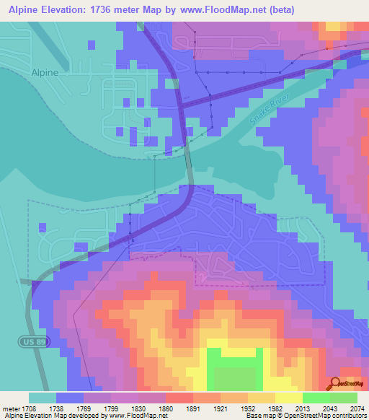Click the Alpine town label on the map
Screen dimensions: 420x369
tap(45, 72)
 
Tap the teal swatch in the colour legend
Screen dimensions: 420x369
tap(43, 398)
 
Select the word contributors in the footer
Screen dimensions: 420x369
tap(350, 416)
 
